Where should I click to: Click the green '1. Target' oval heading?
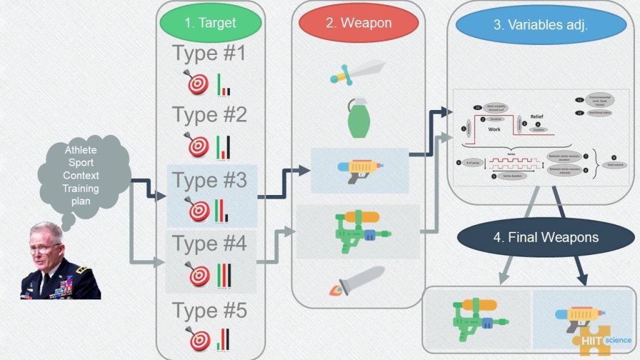click(210, 23)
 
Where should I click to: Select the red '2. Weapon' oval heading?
click(358, 23)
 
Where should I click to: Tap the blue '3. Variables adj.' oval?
click(541, 26)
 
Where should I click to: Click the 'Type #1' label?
click(209, 54)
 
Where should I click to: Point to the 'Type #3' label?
click(209, 181)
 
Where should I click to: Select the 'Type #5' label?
click(209, 310)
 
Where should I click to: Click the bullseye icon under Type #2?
click(199, 145)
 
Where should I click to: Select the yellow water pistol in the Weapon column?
click(359, 170)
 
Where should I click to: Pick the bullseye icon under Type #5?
click(199, 338)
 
